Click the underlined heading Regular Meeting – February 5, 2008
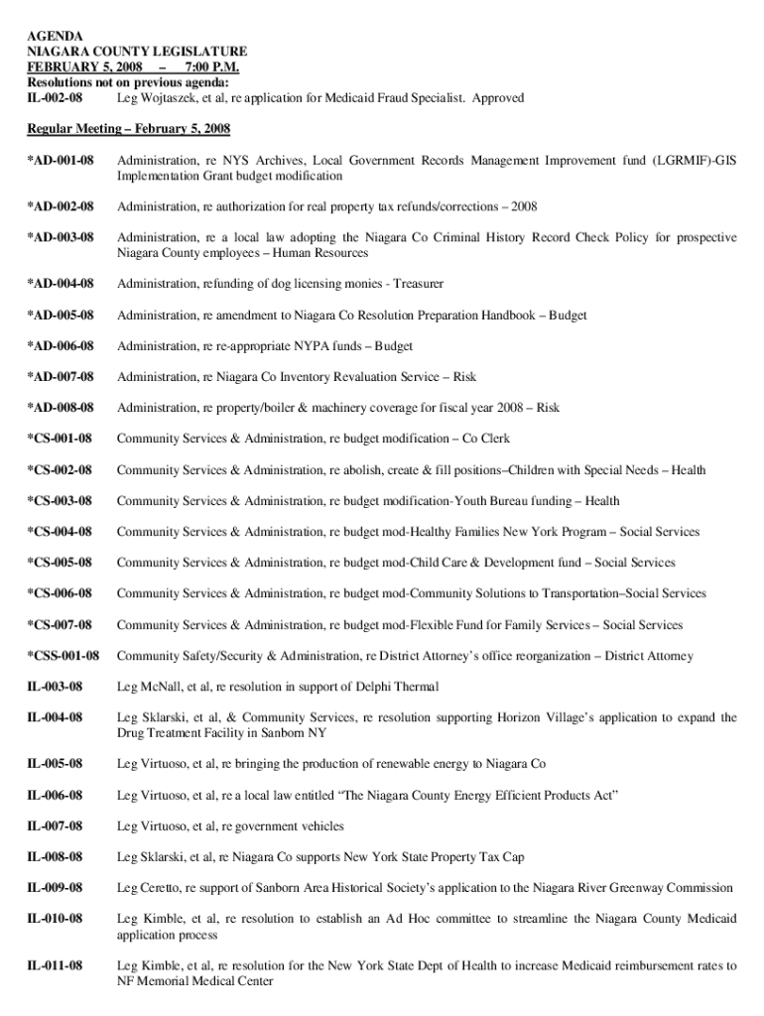[129, 129]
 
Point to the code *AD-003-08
[61, 237]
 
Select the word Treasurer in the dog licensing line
[418, 284]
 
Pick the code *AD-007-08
[61, 377]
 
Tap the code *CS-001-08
[60, 439]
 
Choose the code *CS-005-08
[60, 563]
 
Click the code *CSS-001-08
[64, 656]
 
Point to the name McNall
[163, 688]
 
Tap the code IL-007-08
[56, 825]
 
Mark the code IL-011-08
[56, 965]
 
